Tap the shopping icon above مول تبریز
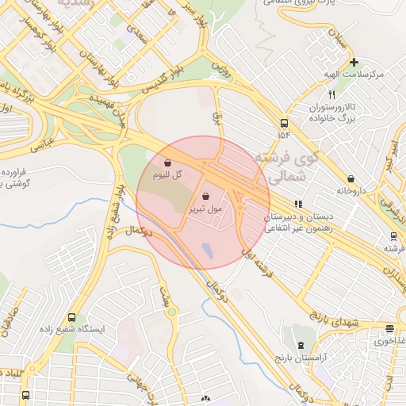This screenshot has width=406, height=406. [206, 197]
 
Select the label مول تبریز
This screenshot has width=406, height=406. [205, 209]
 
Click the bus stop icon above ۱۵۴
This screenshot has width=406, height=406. [284, 123]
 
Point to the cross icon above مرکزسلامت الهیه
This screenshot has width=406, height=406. [354, 62]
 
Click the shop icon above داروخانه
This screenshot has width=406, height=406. [350, 179]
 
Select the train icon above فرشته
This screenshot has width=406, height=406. [393, 236]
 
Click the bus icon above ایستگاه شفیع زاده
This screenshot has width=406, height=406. [73, 316]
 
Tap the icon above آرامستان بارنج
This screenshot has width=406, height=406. [301, 346]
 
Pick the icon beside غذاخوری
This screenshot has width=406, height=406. [389, 329]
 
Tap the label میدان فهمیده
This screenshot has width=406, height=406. [107, 110]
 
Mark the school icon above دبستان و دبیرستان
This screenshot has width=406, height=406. [298, 203]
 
